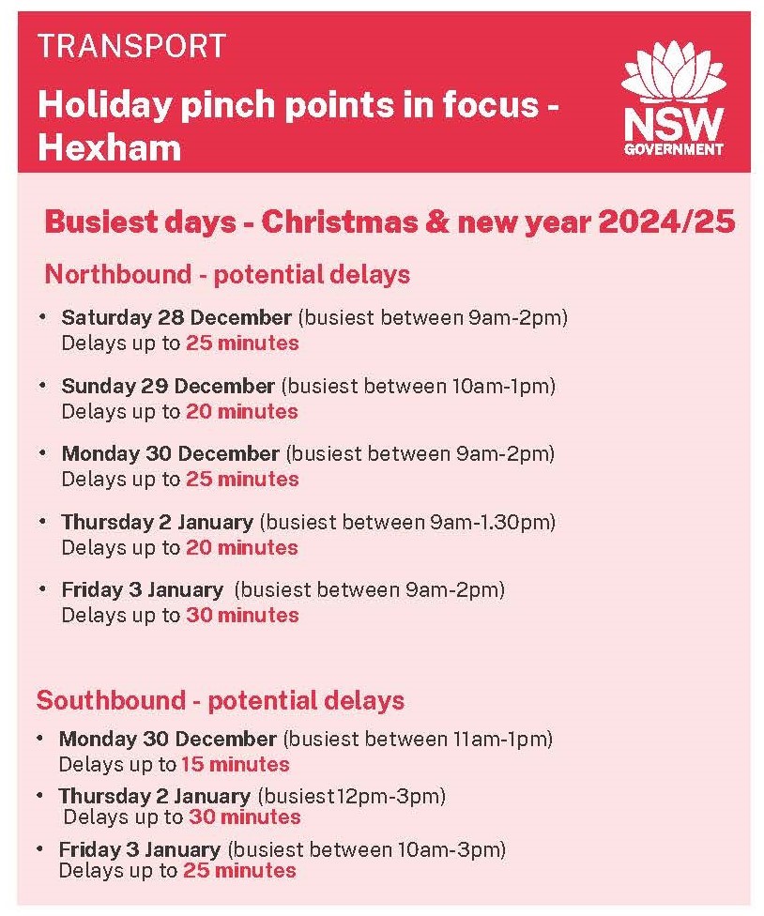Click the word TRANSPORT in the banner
point(131,45)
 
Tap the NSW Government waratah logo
point(674,103)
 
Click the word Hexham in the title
point(109,147)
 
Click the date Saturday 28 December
point(176,317)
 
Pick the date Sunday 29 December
point(168,386)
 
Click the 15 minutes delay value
point(235,764)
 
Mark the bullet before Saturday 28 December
point(42,317)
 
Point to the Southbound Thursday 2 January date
point(155,797)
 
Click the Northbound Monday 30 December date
point(171,454)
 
